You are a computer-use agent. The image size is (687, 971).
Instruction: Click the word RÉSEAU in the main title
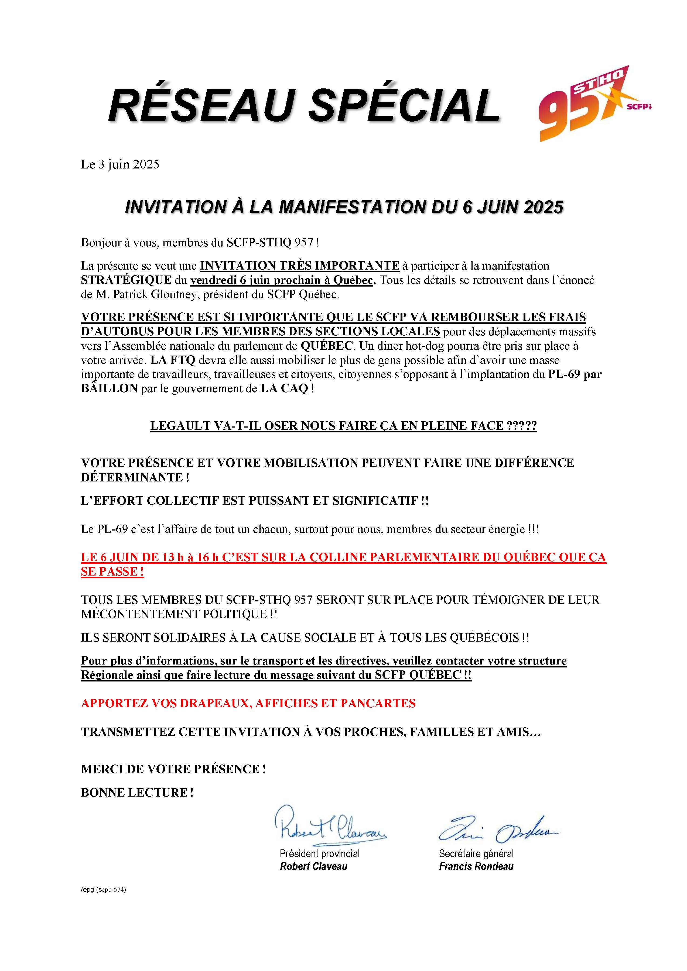(x=199, y=105)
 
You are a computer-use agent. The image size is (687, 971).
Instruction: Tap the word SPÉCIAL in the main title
(x=405, y=105)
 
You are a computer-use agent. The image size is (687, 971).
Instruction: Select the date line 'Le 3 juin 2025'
(x=120, y=164)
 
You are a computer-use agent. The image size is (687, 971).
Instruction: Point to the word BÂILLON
(x=110, y=389)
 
